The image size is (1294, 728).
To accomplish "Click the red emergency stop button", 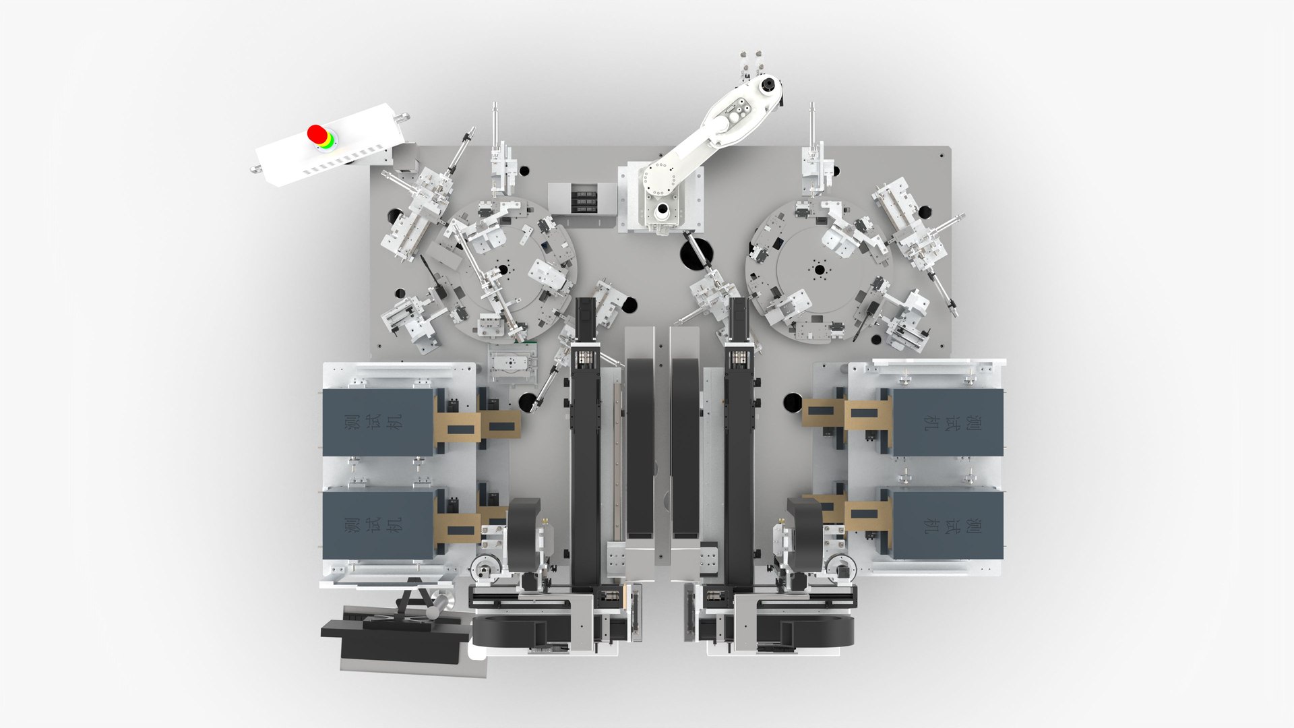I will point(317,133).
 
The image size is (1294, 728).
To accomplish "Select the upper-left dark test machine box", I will point(377,423).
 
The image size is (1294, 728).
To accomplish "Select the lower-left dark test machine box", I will point(377,524).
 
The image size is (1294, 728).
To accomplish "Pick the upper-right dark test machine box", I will point(947,423).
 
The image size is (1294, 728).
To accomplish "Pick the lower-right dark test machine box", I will point(947,524).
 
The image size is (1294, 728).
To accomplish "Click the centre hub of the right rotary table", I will point(820,270).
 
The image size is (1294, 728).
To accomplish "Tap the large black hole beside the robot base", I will point(694,255).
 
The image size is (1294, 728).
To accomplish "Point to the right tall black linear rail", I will point(739,458).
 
